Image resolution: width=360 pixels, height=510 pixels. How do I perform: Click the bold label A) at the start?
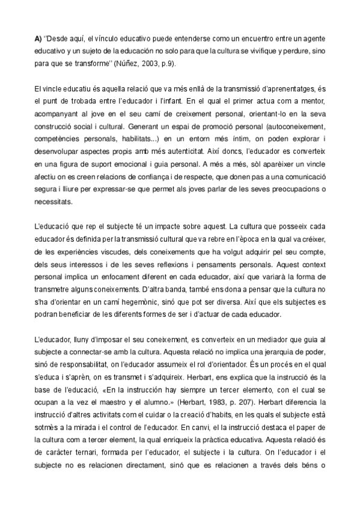click(x=38, y=40)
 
